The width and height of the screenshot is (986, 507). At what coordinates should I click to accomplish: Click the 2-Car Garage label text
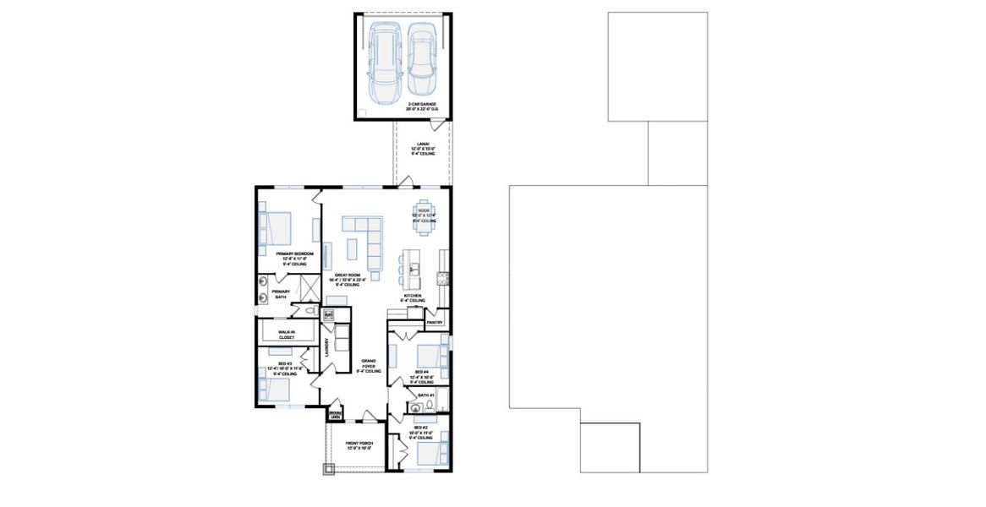(x=403, y=106)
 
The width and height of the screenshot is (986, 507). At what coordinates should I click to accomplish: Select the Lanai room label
(x=422, y=149)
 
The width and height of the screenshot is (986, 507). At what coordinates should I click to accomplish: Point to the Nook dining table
(x=424, y=212)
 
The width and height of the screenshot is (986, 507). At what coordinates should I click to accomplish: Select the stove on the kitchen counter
(x=441, y=278)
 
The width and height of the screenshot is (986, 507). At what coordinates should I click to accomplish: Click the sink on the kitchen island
(x=414, y=270)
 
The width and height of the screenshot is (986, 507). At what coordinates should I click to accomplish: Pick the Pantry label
(x=435, y=322)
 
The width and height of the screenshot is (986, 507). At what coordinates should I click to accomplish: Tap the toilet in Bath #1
(x=429, y=406)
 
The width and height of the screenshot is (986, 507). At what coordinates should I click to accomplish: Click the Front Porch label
(x=359, y=444)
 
